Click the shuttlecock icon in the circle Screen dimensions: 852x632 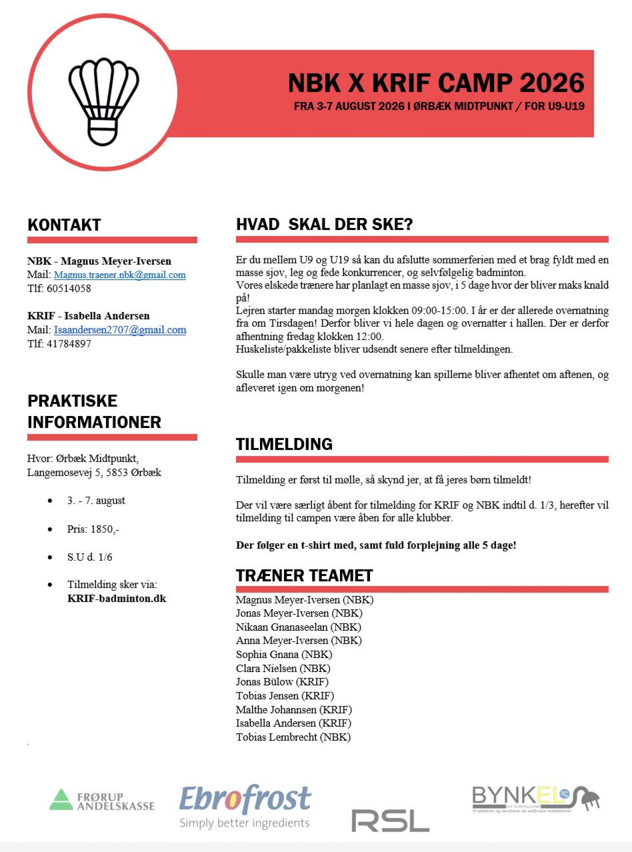tap(103, 101)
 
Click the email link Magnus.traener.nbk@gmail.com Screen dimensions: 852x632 tap(120, 275)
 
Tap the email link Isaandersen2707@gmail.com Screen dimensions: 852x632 tap(120, 330)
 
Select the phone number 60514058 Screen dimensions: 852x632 tap(69, 288)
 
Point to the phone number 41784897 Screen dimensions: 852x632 tap(69, 344)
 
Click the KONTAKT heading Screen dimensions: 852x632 tap(64, 225)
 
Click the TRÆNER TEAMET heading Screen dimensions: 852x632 tap(304, 575)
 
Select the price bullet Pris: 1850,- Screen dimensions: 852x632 tap(93, 529)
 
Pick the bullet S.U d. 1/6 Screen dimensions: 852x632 tap(90, 557)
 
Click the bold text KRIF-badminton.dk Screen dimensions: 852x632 tap(117, 598)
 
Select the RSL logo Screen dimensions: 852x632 tap(390, 821)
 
